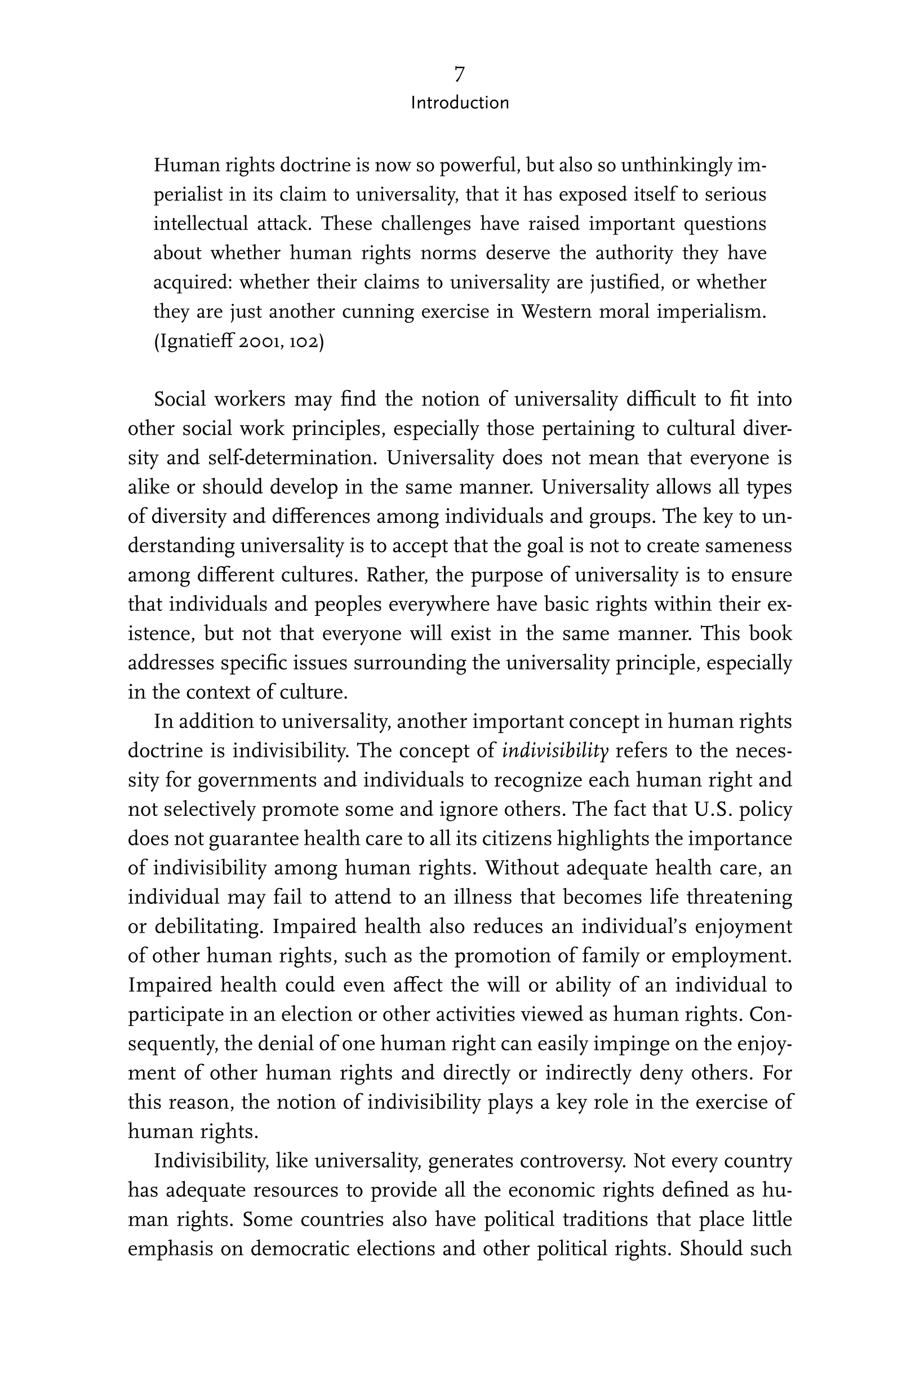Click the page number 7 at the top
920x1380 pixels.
click(x=459, y=74)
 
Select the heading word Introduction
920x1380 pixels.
click(x=459, y=103)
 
